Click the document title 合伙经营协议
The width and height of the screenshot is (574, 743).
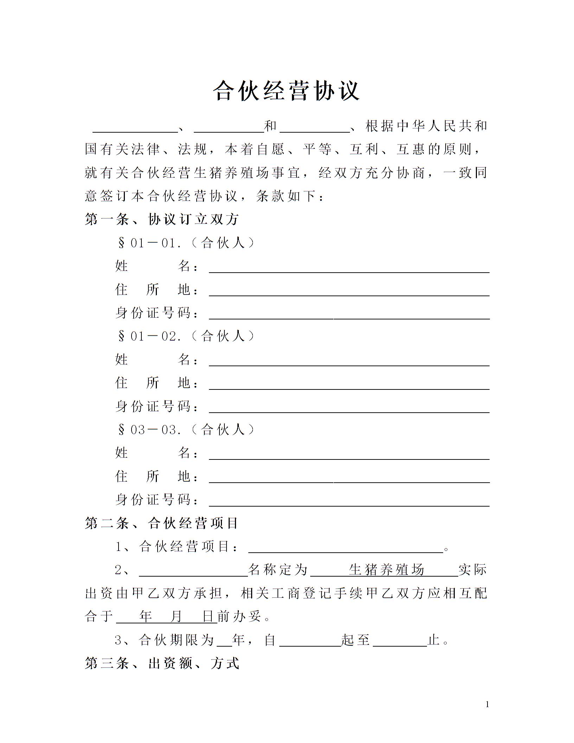[287, 91]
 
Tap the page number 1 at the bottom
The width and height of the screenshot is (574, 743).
[487, 704]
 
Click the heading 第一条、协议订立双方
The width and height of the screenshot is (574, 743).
[162, 220]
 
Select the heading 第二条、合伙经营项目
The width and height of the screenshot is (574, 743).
[162, 523]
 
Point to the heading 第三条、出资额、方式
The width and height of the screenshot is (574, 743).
[162, 663]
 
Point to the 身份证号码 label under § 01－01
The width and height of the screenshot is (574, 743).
[157, 313]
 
